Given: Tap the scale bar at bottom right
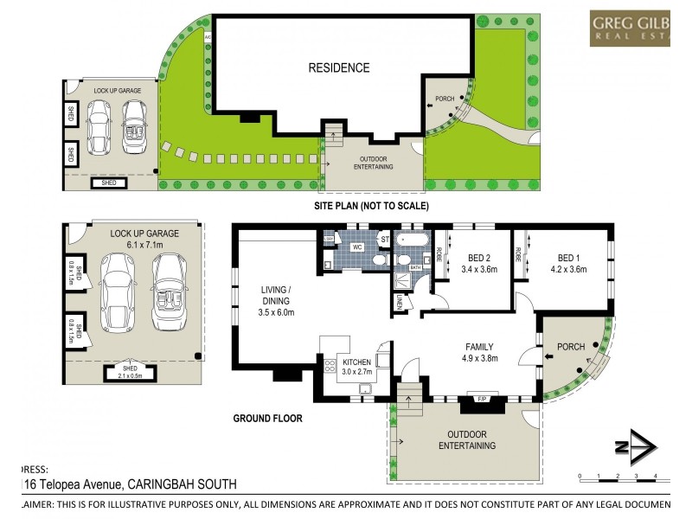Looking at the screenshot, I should tap(619, 476).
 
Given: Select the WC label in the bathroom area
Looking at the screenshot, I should tap(356, 247).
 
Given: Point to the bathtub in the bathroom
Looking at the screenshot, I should tap(411, 237).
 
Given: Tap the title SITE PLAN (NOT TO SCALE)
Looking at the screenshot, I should tap(372, 206).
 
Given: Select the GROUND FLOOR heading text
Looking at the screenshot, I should tap(268, 418).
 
